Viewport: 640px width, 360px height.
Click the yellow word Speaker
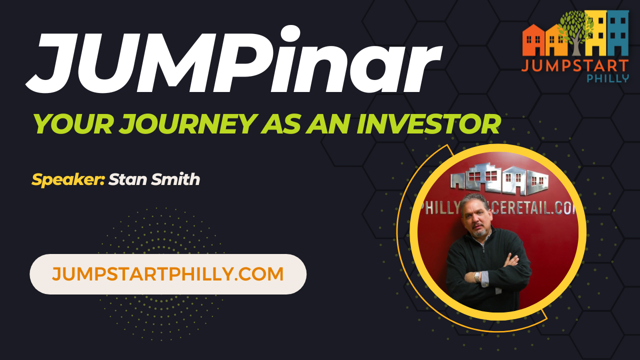tap(68, 179)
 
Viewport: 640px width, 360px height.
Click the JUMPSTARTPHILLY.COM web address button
tap(168, 274)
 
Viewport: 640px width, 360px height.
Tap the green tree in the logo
tap(575, 27)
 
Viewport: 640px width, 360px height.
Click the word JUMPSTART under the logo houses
tap(575, 65)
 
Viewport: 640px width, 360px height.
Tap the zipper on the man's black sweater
tap(484, 247)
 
